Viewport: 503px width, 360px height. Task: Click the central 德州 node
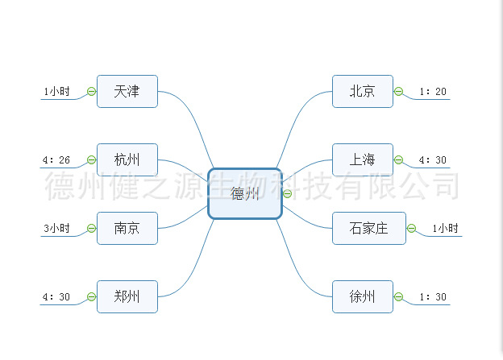pyautogui.click(x=244, y=193)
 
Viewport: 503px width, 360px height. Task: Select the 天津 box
pyautogui.click(x=127, y=91)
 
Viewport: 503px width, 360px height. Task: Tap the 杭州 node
pyautogui.click(x=127, y=159)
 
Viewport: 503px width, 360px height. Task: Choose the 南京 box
pyautogui.click(x=127, y=228)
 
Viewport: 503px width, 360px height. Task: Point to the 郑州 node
pyautogui.click(x=127, y=296)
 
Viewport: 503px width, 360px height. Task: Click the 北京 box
pyautogui.click(x=362, y=91)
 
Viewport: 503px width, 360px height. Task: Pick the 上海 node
pyautogui.click(x=362, y=159)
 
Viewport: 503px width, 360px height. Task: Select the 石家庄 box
pyautogui.click(x=368, y=228)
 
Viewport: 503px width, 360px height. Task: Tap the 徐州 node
pyautogui.click(x=362, y=296)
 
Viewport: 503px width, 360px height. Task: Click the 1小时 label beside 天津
pyautogui.click(x=56, y=92)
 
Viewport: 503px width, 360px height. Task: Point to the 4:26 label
pyautogui.click(x=56, y=160)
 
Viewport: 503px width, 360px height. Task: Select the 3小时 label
pyautogui.click(x=56, y=229)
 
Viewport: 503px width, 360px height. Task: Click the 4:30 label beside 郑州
pyautogui.click(x=56, y=297)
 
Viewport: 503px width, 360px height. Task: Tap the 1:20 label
pyautogui.click(x=433, y=92)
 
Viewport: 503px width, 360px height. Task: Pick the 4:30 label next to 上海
pyautogui.click(x=433, y=160)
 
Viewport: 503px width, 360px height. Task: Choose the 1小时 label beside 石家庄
pyautogui.click(x=445, y=229)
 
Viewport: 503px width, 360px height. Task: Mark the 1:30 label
pyautogui.click(x=433, y=297)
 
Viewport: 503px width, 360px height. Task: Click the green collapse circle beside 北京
pyautogui.click(x=398, y=91)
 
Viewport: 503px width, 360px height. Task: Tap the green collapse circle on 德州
pyautogui.click(x=287, y=193)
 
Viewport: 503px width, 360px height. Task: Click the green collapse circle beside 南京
pyautogui.click(x=91, y=229)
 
